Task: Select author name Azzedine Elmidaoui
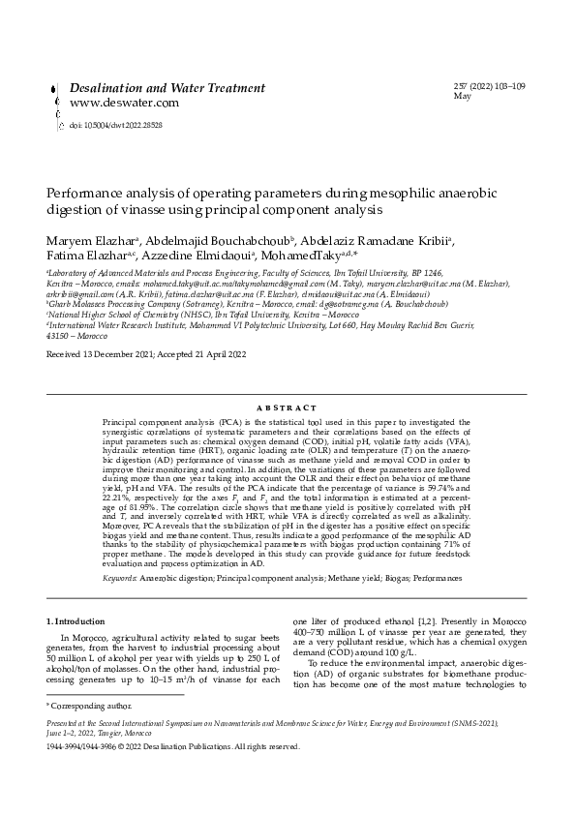click(205, 257)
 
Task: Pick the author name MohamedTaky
click(301, 257)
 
